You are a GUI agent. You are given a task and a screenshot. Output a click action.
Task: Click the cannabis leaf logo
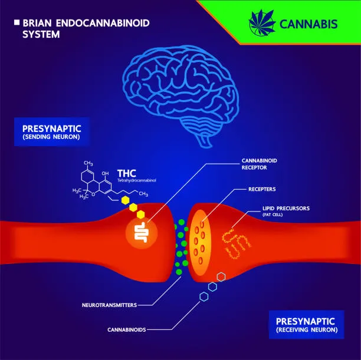(262, 23)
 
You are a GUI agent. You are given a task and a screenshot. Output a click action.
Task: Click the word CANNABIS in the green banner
(309, 24)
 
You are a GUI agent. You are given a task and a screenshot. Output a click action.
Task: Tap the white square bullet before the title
(17, 22)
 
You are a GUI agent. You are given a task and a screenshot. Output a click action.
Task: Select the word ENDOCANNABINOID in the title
(103, 23)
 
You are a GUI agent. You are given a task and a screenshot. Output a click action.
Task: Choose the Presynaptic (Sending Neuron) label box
(51, 132)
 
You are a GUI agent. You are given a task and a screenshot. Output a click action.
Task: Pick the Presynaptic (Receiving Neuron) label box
(306, 325)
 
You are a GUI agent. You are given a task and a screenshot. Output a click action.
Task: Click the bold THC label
(127, 173)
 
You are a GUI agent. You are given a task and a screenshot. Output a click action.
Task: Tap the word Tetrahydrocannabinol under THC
(136, 180)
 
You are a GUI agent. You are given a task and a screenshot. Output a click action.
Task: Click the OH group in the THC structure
(105, 173)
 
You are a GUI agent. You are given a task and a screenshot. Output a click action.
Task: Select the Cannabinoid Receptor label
(259, 164)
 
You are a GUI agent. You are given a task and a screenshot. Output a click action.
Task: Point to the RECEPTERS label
(262, 189)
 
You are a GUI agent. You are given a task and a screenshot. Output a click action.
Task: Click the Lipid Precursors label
(286, 211)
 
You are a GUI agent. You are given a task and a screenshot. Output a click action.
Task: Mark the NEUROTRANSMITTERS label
(109, 305)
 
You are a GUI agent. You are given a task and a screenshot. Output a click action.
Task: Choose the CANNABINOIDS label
(127, 329)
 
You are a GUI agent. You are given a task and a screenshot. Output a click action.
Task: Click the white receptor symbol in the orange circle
(141, 232)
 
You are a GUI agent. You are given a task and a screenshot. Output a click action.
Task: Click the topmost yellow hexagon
(125, 200)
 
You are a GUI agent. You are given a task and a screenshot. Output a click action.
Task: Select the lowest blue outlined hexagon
(204, 296)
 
